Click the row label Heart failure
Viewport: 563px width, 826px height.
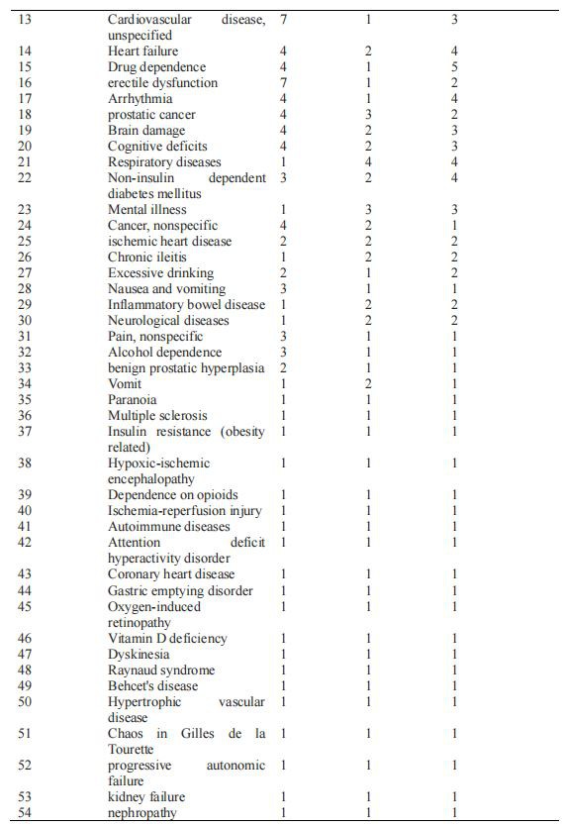(x=142, y=52)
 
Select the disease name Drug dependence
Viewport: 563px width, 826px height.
(x=149, y=67)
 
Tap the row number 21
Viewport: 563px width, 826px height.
(x=26, y=162)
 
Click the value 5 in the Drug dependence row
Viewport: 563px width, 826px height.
(x=453, y=67)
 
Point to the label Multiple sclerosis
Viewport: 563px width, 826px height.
(x=157, y=416)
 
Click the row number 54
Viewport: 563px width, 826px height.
(x=26, y=813)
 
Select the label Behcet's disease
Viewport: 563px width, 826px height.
(x=152, y=686)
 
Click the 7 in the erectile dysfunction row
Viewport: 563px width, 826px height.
(x=283, y=83)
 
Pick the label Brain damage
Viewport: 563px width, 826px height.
(x=145, y=131)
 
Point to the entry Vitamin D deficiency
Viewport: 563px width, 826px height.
(x=166, y=639)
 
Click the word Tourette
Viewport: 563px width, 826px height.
(x=134, y=750)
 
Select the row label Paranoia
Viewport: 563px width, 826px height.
(x=132, y=400)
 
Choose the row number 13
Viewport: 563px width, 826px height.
(x=26, y=20)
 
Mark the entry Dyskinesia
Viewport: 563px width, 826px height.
(x=139, y=655)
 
